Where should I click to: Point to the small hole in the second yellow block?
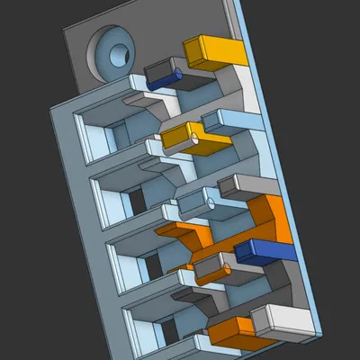194,139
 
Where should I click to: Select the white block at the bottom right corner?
281,319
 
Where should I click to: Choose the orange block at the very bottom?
236,330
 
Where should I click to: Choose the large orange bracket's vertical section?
270,220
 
